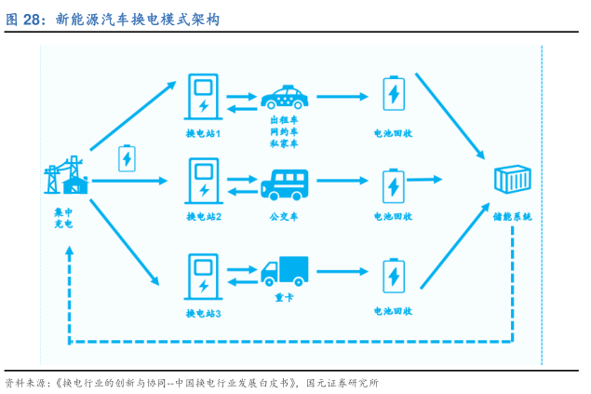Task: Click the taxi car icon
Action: (x=284, y=96)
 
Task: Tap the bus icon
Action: (x=284, y=183)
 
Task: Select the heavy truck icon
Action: (x=284, y=270)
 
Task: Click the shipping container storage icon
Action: (x=512, y=183)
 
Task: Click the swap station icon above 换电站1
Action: (x=203, y=95)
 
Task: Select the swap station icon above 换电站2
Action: (x=203, y=181)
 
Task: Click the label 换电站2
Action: (x=203, y=217)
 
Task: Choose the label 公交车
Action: (x=284, y=217)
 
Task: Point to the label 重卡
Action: (x=284, y=298)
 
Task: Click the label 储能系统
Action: (x=513, y=217)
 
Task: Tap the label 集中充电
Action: (x=63, y=218)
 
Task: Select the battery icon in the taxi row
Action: (x=394, y=95)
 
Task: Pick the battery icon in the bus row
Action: (x=394, y=184)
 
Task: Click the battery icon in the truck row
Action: (x=394, y=276)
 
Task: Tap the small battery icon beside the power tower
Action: (x=127, y=158)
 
